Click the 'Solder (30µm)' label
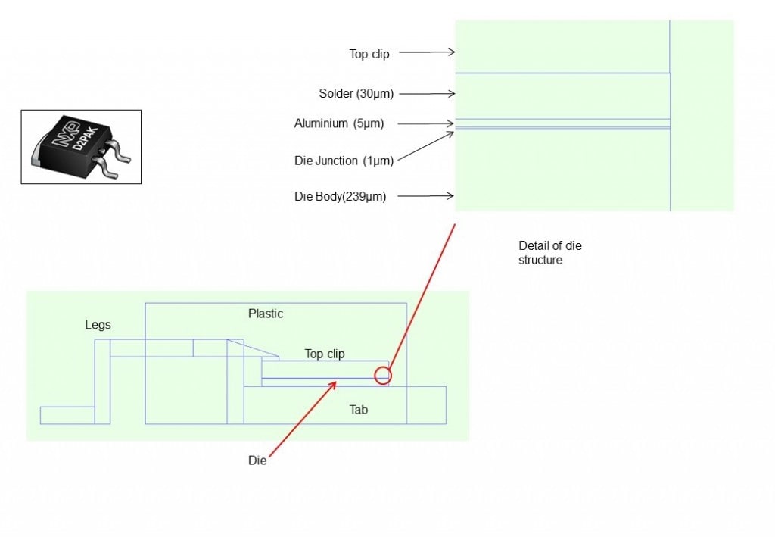pyautogui.click(x=356, y=94)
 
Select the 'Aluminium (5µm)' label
pyautogui.click(x=339, y=123)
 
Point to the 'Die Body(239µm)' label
pyautogui.click(x=340, y=197)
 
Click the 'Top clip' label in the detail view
pyautogui.click(x=369, y=54)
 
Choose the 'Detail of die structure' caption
pyautogui.click(x=550, y=252)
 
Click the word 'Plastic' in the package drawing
pyautogui.click(x=266, y=314)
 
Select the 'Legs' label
pyautogui.click(x=98, y=325)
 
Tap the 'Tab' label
pyautogui.click(x=358, y=410)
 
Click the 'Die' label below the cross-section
pyautogui.click(x=257, y=461)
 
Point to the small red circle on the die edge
pyautogui.click(x=383, y=374)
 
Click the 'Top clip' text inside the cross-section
pyautogui.click(x=325, y=354)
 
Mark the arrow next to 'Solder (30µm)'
pyautogui.click(x=426, y=94)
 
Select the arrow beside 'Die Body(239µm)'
pyautogui.click(x=425, y=197)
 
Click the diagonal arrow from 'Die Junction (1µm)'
pyautogui.click(x=424, y=145)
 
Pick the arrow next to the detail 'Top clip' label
pyautogui.click(x=426, y=52)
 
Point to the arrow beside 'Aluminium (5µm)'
pyautogui.click(x=426, y=123)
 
